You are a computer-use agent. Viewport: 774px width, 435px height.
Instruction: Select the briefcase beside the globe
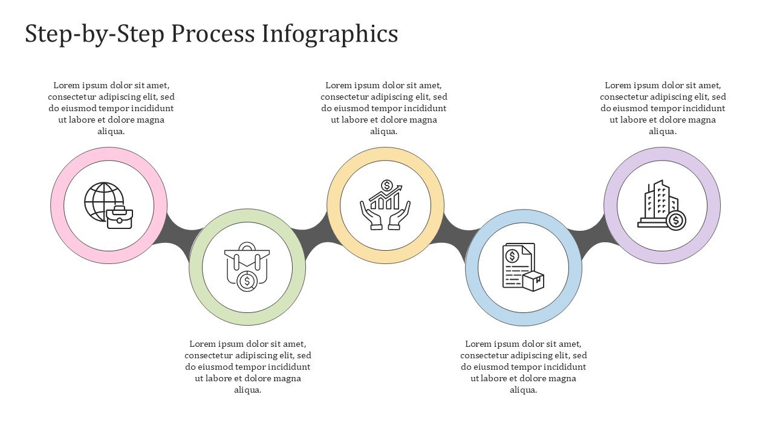pos(119,217)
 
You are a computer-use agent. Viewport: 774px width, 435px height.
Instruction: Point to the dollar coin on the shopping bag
pos(247,281)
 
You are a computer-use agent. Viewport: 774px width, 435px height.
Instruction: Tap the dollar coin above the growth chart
pos(387,185)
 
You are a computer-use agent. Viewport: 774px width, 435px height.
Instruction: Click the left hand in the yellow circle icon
pos(371,216)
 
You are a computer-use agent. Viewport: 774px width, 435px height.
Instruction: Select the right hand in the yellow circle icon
pos(400,216)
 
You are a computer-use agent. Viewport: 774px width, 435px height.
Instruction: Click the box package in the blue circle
pos(533,281)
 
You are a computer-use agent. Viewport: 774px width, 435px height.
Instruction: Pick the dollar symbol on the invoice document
pos(512,256)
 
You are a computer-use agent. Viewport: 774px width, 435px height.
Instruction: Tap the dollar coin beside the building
pos(675,221)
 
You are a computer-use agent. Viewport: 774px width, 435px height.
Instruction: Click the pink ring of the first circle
pos(57,205)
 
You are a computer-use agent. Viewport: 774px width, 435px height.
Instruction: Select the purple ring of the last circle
pos(714,205)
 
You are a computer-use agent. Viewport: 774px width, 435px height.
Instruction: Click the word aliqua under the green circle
pos(247,390)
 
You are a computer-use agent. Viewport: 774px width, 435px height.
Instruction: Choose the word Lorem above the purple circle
pos(618,85)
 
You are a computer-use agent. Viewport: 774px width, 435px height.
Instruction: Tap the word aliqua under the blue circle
pos(523,390)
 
